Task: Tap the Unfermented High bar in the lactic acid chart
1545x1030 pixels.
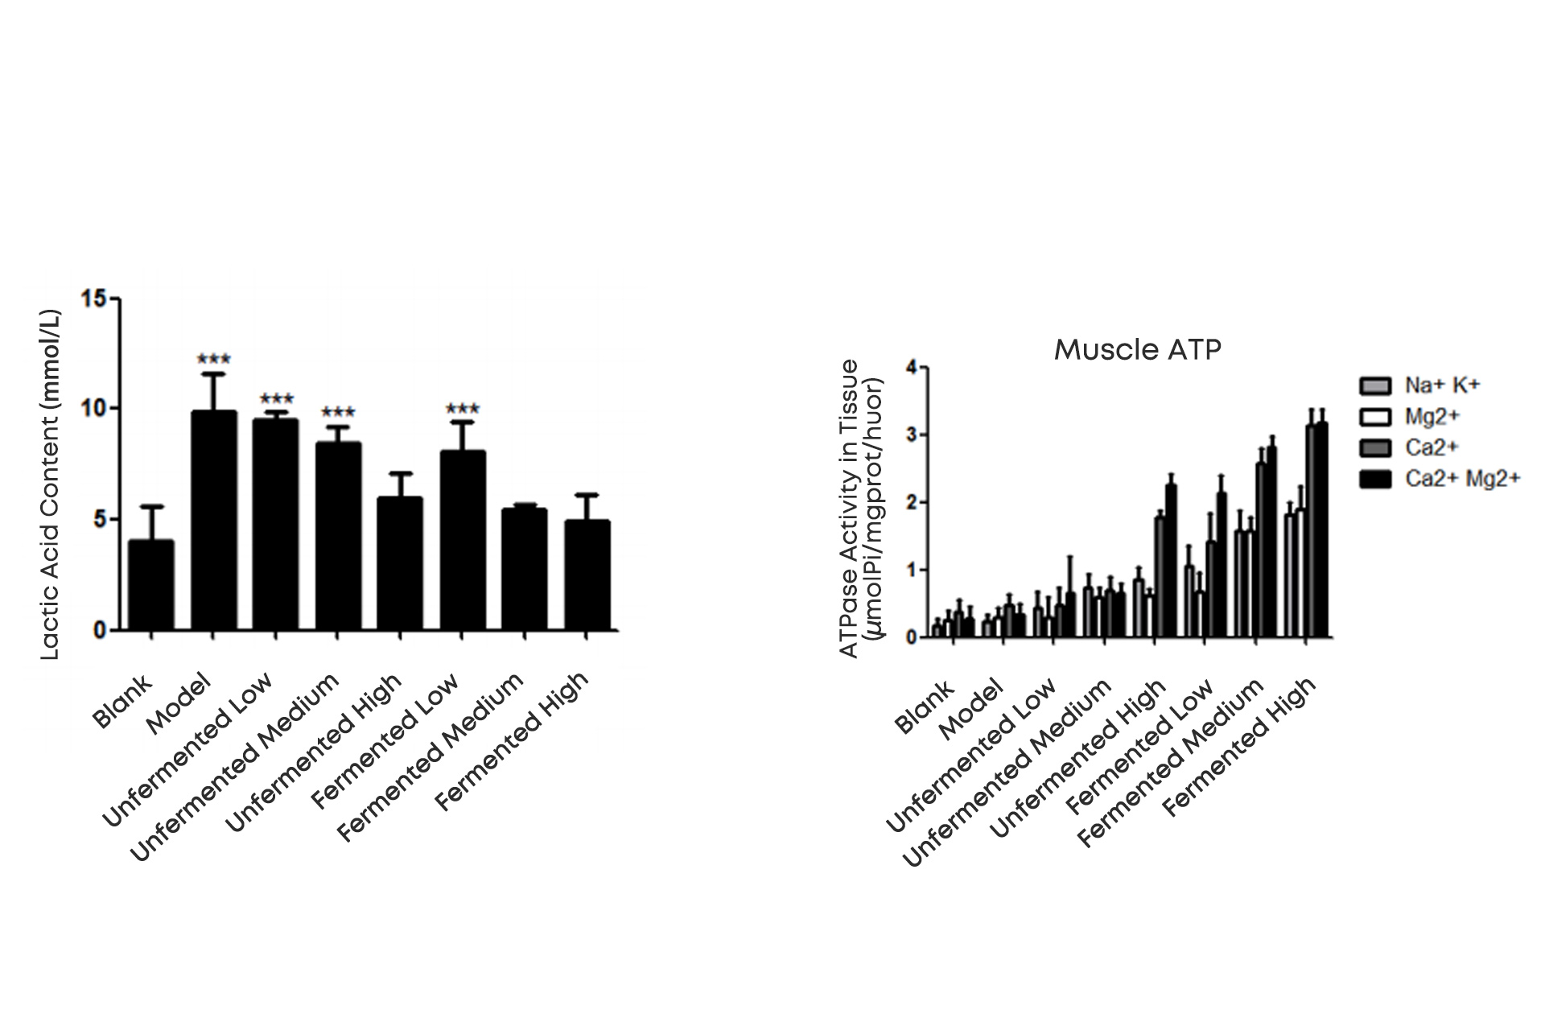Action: [400, 563]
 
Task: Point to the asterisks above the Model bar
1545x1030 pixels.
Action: [213, 359]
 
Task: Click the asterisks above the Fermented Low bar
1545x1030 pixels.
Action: [462, 409]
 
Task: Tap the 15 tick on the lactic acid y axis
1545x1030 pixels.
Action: [94, 299]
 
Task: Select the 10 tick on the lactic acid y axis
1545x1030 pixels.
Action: [94, 409]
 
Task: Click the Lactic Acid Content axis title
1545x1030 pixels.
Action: [50, 485]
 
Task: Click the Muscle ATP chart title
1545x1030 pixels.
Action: [1137, 349]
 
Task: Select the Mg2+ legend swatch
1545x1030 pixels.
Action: [1375, 417]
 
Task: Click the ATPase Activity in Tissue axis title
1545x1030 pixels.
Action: [861, 509]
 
